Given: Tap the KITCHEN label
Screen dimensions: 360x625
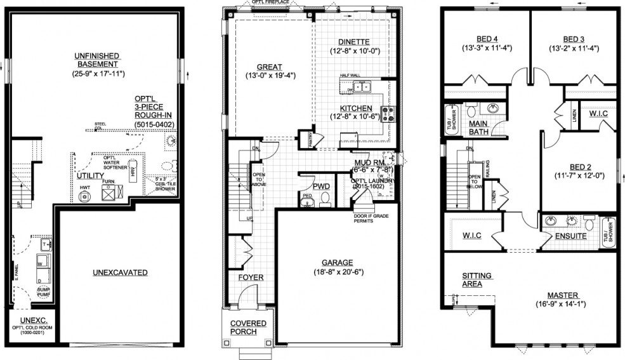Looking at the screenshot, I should tap(355, 108).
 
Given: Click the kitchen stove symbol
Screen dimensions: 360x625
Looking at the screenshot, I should tap(390, 114).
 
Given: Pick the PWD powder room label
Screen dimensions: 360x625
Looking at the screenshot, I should tap(321, 187).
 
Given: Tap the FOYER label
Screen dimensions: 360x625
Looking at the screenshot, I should tap(251, 277).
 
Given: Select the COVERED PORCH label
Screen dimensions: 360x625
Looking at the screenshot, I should tap(248, 328).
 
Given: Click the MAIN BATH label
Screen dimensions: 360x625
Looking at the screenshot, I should tap(482, 128).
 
